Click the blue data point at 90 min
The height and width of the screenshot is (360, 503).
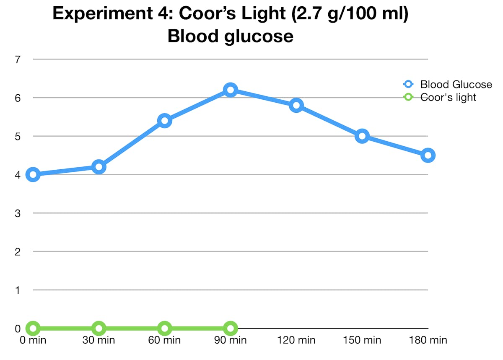230,90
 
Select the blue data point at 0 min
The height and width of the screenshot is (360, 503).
33,174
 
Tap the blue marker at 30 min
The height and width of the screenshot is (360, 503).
99,167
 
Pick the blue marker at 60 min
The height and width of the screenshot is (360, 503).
164,121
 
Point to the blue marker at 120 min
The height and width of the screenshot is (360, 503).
296,105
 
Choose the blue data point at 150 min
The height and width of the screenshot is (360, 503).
362,136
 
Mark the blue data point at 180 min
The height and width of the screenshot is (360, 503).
428,155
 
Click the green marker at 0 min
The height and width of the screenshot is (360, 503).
33,328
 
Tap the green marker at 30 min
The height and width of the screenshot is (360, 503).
99,328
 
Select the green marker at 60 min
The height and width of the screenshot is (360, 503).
164,328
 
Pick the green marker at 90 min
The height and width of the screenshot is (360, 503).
230,328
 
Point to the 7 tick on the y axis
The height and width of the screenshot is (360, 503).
18,60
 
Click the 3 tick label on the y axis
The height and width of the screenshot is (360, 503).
18,213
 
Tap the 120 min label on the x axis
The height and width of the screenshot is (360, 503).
296,340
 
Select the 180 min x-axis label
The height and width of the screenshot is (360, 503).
428,340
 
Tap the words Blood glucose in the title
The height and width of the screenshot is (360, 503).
230,36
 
